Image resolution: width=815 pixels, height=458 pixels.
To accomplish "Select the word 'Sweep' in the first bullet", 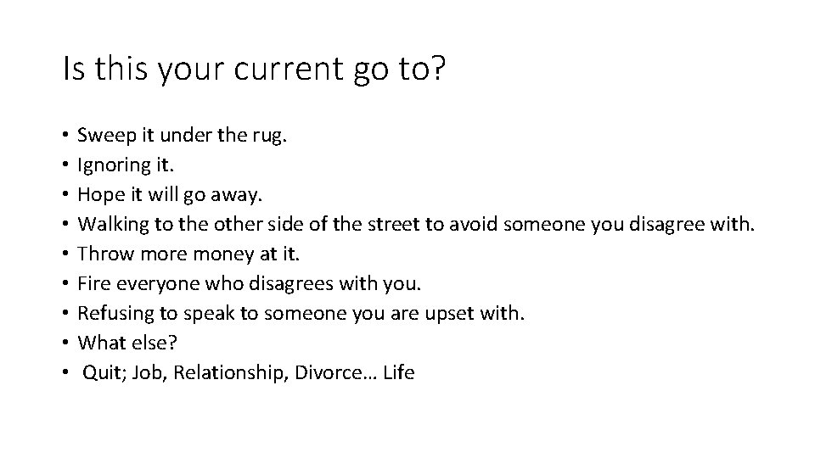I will coord(102,134).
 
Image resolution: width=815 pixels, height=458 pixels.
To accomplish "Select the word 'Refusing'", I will coord(111,313).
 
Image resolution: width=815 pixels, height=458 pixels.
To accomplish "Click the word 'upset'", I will coord(463,313).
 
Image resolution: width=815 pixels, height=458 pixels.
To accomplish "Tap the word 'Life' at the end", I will coord(399,372).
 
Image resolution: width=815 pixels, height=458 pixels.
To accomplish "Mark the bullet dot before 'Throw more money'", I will coord(65,254).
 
